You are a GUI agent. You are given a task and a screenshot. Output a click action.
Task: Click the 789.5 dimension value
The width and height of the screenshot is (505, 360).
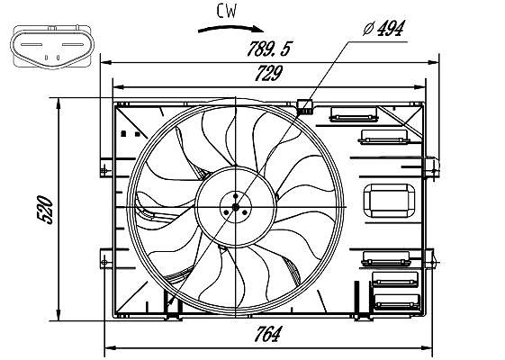[268, 49]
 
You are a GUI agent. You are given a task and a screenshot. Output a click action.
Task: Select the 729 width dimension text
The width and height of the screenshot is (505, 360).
[268, 74]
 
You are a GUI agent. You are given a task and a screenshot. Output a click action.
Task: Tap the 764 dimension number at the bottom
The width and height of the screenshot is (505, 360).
[267, 334]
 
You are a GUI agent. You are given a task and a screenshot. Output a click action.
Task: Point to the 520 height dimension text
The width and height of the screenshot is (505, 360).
[45, 210]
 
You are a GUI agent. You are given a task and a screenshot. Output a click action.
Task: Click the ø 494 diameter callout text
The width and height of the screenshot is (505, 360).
[383, 28]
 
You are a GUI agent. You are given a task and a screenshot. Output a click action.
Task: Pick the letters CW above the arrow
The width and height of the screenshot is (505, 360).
[227, 11]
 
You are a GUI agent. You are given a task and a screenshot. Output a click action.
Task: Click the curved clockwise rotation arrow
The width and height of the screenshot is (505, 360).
[230, 29]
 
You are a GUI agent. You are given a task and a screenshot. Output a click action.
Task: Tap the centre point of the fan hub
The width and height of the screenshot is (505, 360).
[236, 207]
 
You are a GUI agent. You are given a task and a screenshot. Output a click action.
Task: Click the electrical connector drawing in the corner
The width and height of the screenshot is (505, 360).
[52, 47]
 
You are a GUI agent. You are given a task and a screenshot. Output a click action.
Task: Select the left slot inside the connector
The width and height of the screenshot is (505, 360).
[32, 44]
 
